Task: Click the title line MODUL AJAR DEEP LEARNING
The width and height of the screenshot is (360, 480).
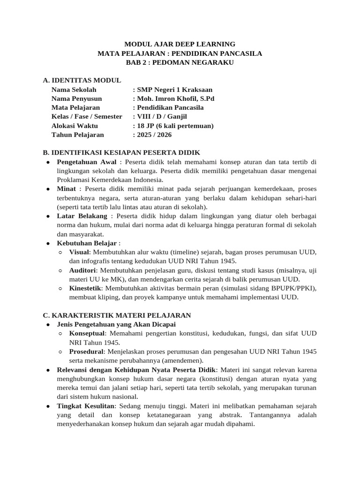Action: (x=180, y=44)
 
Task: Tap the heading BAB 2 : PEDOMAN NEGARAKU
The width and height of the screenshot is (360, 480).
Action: (x=180, y=62)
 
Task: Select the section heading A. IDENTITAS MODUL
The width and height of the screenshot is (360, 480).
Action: (x=82, y=80)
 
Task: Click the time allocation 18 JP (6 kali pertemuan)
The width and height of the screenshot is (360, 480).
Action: (x=173, y=126)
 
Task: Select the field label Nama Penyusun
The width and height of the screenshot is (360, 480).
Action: (x=76, y=98)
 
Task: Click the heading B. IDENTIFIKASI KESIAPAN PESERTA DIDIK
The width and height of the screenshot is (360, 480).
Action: (x=121, y=153)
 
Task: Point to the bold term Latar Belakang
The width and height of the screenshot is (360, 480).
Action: (x=82, y=216)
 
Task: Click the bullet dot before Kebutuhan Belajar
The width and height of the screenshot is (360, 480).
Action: (x=49, y=243)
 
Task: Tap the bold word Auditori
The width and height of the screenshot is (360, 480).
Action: (x=83, y=270)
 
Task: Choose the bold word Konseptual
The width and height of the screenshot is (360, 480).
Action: (x=87, y=333)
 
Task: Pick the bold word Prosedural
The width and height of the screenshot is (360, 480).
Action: (x=86, y=352)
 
